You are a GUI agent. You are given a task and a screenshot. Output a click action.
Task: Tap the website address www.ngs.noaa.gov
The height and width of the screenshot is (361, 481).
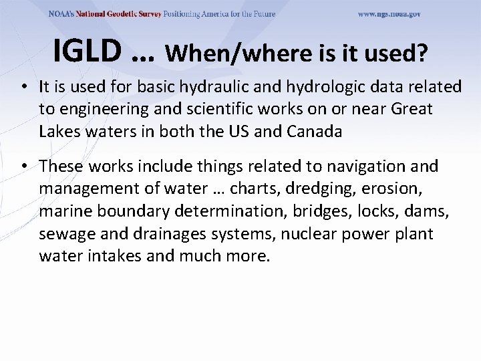[389, 14]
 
